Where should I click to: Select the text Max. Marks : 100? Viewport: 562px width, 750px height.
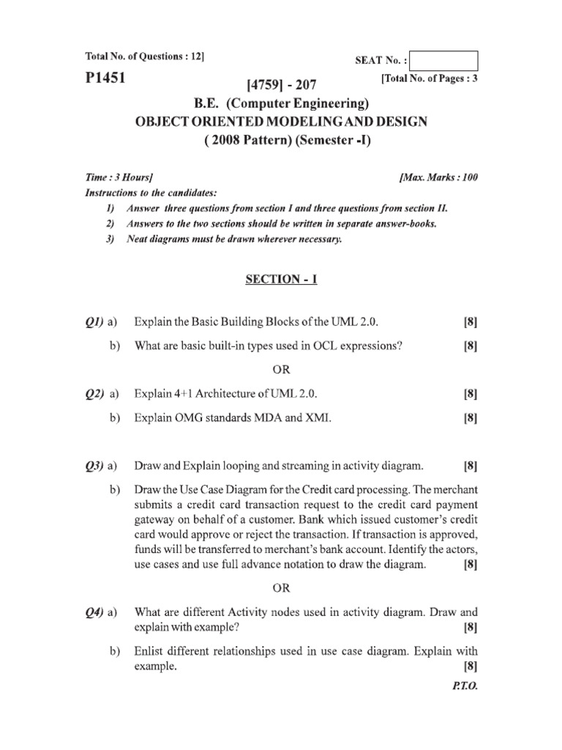(x=439, y=177)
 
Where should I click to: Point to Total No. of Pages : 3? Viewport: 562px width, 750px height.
(x=429, y=77)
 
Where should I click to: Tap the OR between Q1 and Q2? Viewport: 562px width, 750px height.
(x=282, y=369)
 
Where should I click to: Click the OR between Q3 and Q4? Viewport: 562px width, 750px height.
(x=282, y=587)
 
